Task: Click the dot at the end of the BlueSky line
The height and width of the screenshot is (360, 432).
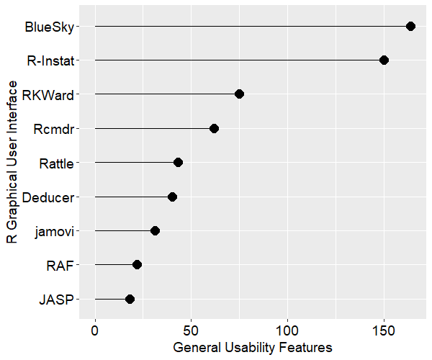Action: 410,26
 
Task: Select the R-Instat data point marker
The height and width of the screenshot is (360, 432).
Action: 384,60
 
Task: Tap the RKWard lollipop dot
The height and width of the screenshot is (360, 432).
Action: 239,94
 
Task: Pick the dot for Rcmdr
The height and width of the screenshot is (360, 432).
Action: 214,128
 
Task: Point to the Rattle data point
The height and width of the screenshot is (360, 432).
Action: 178,163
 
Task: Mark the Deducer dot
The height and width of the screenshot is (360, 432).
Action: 172,197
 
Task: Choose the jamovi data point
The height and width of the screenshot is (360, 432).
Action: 155,230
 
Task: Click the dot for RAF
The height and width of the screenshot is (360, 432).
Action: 137,265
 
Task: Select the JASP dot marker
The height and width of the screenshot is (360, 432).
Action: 130,299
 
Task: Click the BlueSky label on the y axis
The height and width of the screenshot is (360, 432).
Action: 48,27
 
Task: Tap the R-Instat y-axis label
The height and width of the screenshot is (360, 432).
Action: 50,60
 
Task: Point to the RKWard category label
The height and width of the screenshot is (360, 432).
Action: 48,94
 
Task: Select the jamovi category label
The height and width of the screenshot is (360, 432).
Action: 53,231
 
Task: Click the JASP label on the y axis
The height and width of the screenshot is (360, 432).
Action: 57,300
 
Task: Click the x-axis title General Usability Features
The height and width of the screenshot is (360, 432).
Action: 253,347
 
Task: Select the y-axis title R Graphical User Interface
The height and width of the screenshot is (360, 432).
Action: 12,162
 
